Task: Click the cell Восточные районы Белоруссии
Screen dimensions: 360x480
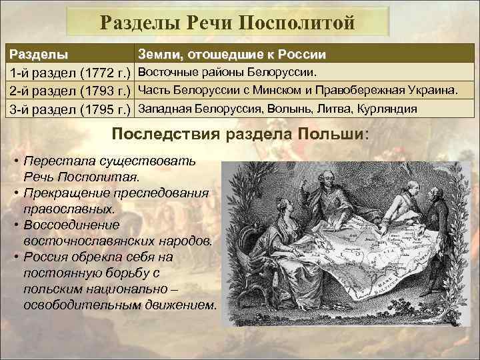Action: click(227, 71)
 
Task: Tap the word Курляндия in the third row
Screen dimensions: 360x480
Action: click(388, 108)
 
